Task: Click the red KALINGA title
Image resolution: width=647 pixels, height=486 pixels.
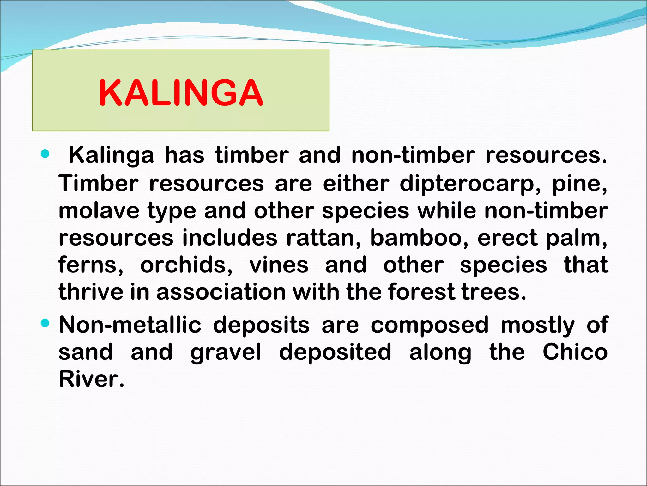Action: coord(181,93)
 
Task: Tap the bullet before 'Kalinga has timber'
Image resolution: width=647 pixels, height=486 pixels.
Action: coord(45,154)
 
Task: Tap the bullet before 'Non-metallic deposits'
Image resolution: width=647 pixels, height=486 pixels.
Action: coord(45,323)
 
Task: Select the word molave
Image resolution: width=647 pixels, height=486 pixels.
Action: coord(99,211)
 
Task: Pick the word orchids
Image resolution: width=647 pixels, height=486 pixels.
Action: coord(186,265)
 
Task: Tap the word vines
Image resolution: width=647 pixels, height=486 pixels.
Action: coord(279,265)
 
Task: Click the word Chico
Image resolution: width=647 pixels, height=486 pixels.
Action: coord(575,352)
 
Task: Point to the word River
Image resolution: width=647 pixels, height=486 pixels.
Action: coord(91,379)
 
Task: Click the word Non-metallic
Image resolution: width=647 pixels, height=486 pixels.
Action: coord(130,325)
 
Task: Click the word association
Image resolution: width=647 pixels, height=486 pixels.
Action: coord(221,292)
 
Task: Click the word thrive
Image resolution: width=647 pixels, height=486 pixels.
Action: coord(91,292)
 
